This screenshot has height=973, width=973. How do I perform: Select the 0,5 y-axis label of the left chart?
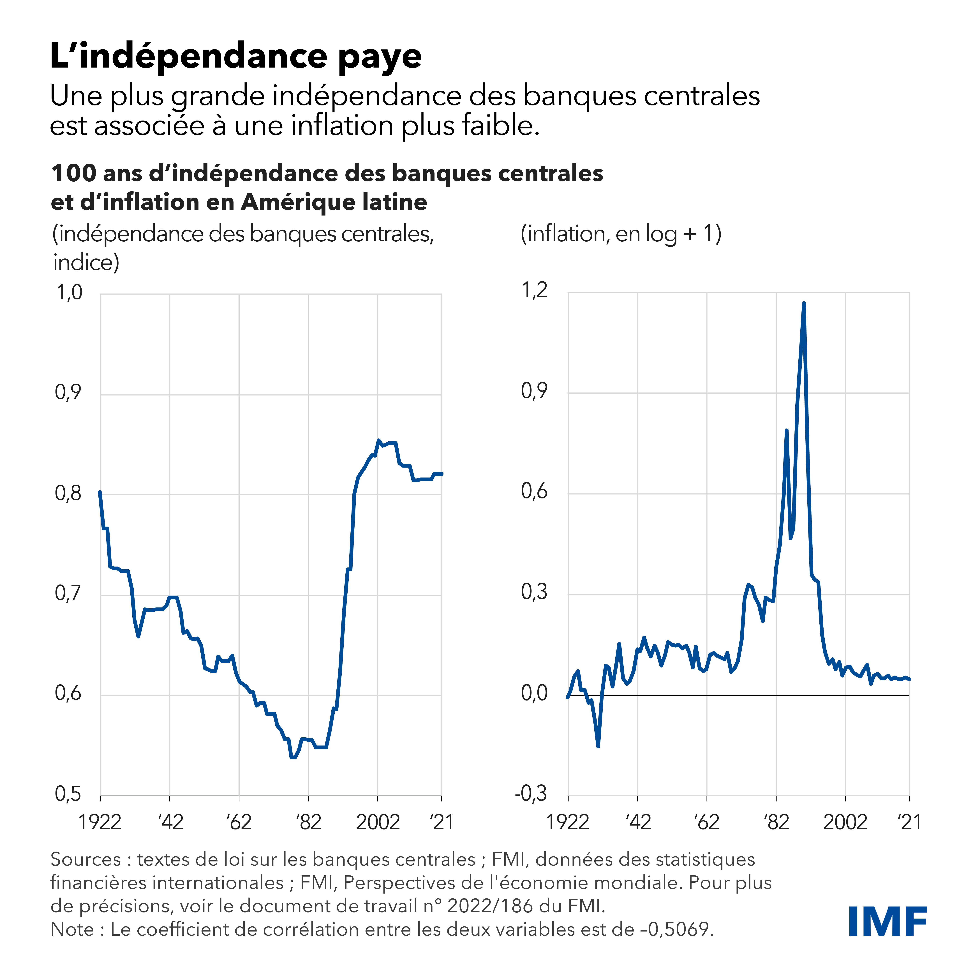(68, 794)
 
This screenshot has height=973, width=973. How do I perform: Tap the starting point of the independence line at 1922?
(100, 492)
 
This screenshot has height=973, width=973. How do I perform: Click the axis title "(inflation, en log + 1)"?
(621, 234)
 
